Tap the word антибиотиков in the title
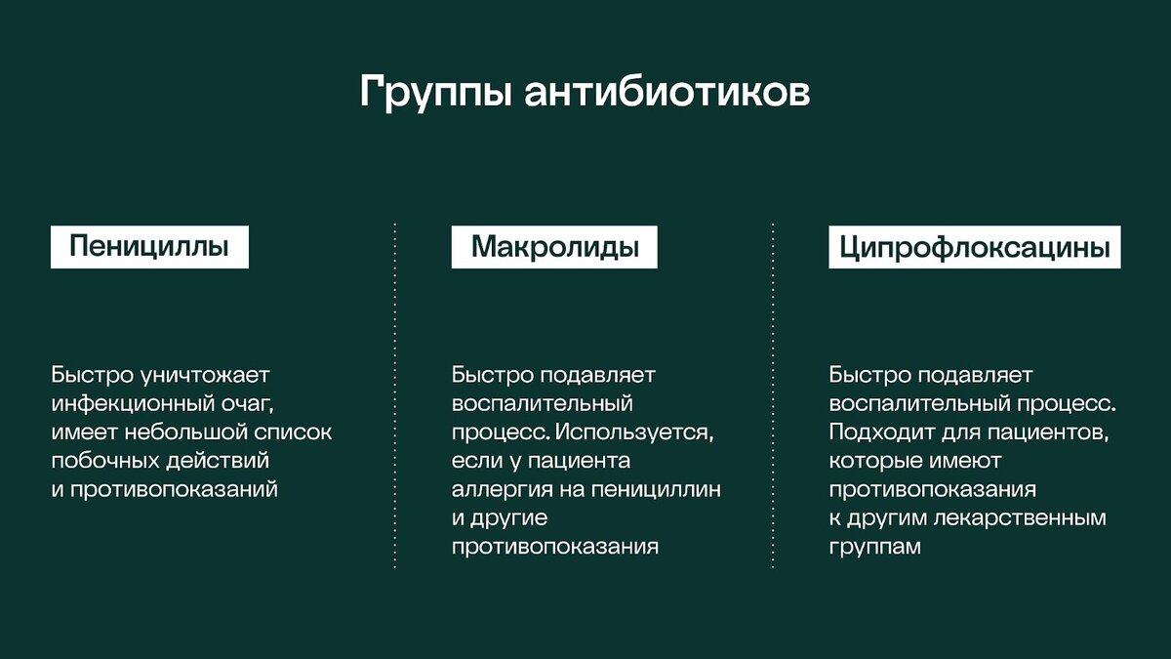666,95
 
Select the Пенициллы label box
149,247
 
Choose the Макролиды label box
554,247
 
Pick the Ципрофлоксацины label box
974,247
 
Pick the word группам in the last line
874,547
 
